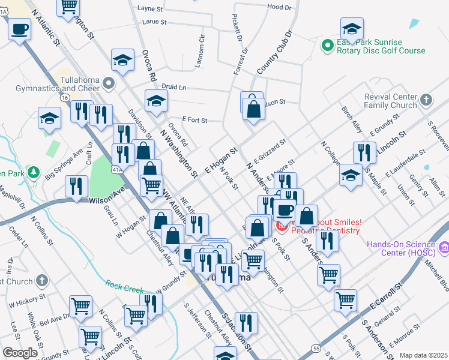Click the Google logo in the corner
[20, 353]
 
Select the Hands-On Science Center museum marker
[445, 247]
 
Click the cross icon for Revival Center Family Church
[426, 100]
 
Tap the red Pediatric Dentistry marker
[282, 226]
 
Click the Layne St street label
[150, 9]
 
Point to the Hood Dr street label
[279, 7]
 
